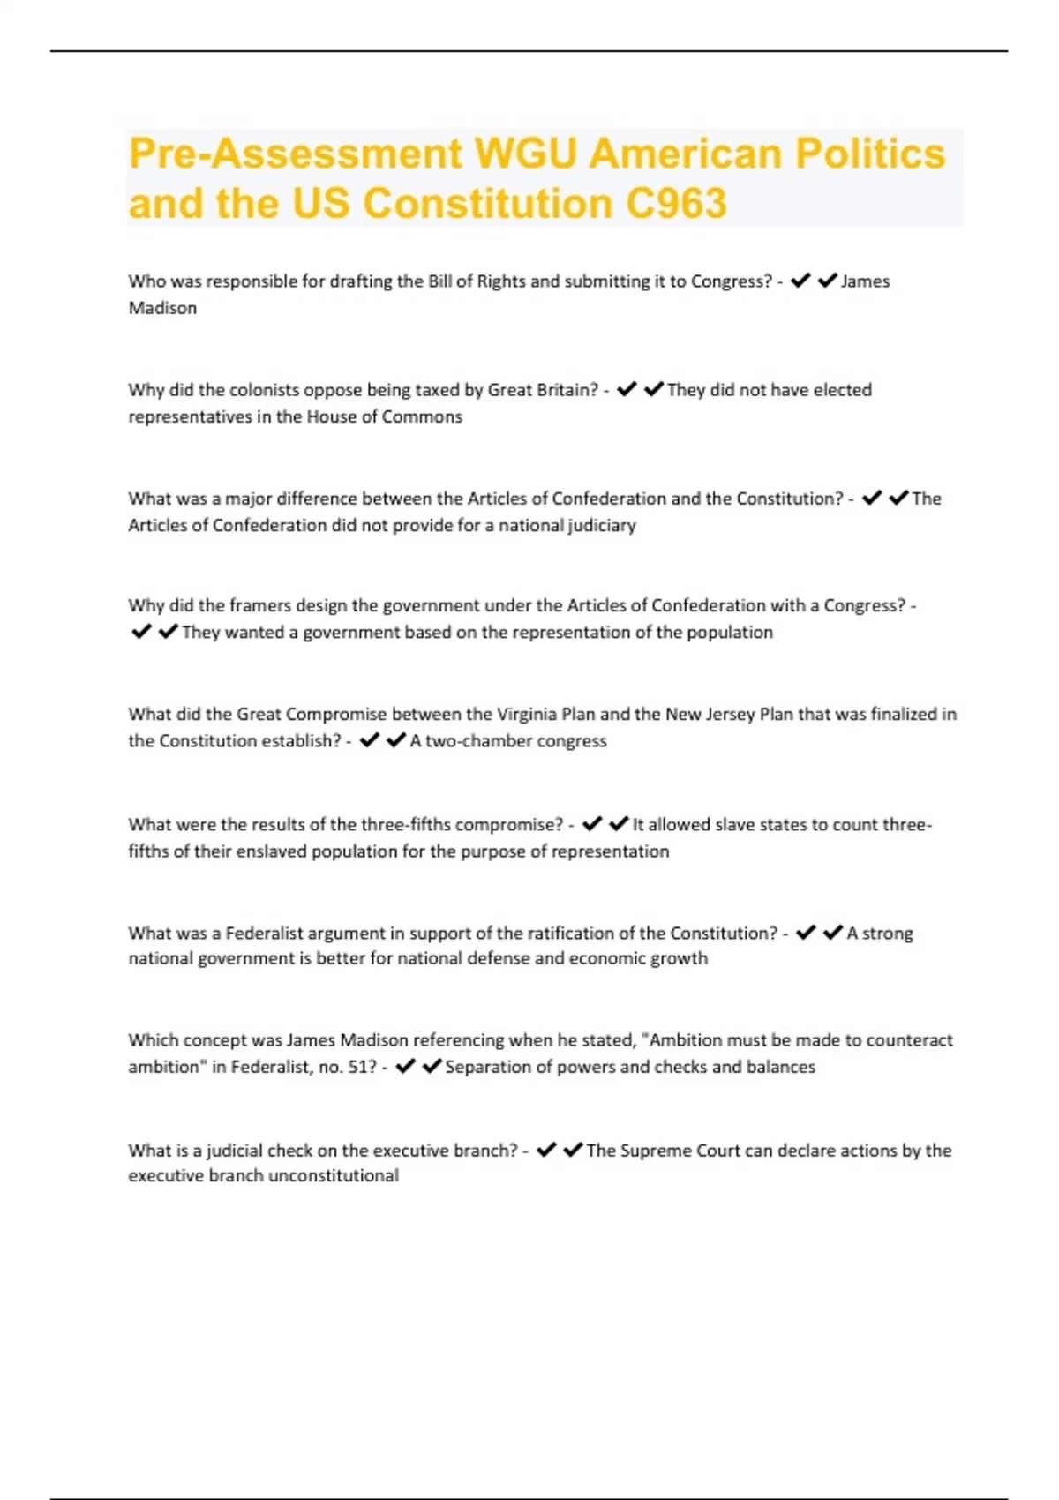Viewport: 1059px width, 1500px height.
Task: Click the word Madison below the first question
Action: tap(162, 308)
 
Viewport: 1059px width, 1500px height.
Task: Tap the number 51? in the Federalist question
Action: tap(362, 1067)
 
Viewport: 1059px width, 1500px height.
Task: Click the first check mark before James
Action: tap(800, 281)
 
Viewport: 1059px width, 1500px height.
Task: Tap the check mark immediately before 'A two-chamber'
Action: tap(396, 740)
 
